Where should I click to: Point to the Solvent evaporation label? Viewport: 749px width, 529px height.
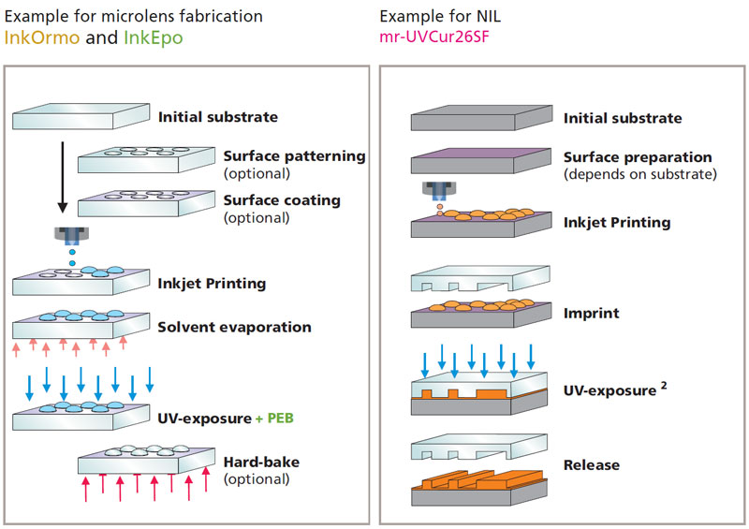(x=235, y=327)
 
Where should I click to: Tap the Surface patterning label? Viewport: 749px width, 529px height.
(x=294, y=156)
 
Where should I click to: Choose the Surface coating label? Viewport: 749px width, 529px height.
(x=281, y=200)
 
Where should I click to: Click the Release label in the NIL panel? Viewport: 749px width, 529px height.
(x=591, y=464)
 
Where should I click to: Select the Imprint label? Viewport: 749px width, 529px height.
(x=591, y=313)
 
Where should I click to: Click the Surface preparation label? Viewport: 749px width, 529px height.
(x=637, y=157)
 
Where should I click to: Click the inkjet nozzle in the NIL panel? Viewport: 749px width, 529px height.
(x=435, y=188)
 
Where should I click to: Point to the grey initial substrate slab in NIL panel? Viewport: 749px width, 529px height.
(x=480, y=119)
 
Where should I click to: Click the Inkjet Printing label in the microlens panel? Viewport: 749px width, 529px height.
(x=213, y=283)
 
